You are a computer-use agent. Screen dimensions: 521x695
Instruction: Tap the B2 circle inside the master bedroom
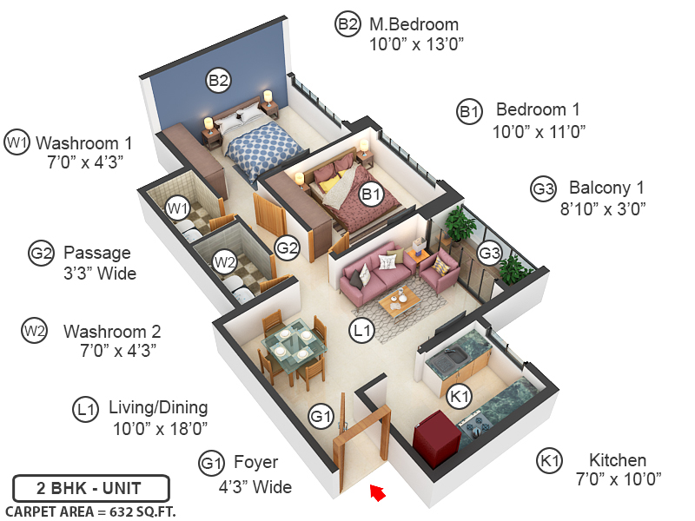[218, 81]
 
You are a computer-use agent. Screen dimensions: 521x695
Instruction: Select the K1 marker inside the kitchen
[459, 396]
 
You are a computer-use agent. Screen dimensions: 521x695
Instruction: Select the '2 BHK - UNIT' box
[91, 487]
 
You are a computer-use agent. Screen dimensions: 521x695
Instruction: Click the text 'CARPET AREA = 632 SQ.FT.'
[90, 511]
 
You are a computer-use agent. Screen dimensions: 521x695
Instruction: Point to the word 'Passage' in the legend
[97, 253]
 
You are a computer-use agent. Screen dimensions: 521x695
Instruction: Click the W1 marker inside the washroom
[178, 208]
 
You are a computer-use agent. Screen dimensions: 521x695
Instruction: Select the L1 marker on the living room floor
[361, 329]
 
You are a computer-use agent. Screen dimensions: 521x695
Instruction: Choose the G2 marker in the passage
[287, 247]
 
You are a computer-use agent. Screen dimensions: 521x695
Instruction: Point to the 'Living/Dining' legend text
[158, 408]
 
